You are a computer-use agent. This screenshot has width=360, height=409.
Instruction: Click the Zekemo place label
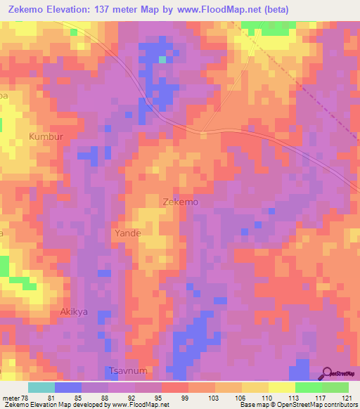180,201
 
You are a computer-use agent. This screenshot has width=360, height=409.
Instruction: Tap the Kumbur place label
46,135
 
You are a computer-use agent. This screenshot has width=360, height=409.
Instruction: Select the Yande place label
127,233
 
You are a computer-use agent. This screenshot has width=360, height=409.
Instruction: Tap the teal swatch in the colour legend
41,387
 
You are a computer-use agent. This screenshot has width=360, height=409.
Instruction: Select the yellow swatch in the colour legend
281,387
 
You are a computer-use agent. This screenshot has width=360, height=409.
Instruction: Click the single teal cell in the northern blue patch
162,60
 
